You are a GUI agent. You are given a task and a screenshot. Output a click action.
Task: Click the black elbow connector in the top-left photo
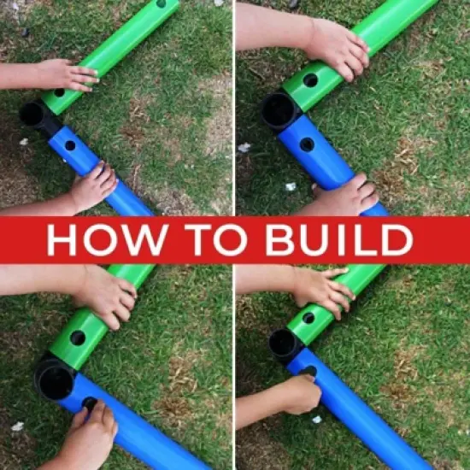pos(38,117)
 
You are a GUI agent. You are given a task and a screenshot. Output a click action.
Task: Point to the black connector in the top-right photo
pos(281,110)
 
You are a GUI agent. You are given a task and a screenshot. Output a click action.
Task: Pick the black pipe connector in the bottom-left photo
pos(56,377)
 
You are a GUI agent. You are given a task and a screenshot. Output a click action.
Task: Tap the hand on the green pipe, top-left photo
pos(68,75)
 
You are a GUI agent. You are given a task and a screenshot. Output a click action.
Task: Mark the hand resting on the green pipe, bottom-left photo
pos(106,296)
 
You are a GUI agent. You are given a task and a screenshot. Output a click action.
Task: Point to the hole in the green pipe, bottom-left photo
pos(78,338)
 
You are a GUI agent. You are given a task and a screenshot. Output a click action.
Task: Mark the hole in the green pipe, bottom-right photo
pos(308,318)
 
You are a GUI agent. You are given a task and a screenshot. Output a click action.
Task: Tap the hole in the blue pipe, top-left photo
pos(70,145)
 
